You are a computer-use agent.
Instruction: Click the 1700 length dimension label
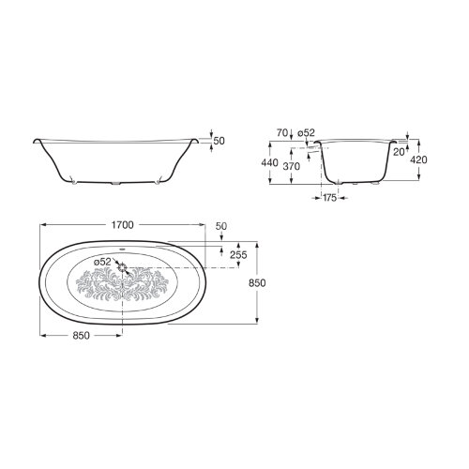tap(123, 225)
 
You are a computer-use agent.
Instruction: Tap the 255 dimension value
tap(238, 255)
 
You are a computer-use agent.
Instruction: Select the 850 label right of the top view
tap(257, 283)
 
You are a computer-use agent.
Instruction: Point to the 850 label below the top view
tap(81, 336)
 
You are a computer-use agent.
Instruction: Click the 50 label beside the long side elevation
tap(219, 141)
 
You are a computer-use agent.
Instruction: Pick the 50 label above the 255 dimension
tap(221, 226)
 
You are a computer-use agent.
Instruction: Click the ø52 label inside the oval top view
tap(102, 262)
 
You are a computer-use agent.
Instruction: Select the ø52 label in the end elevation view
tap(306, 133)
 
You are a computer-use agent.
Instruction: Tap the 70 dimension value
tap(282, 133)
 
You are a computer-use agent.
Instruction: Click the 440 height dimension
tap(269, 162)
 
